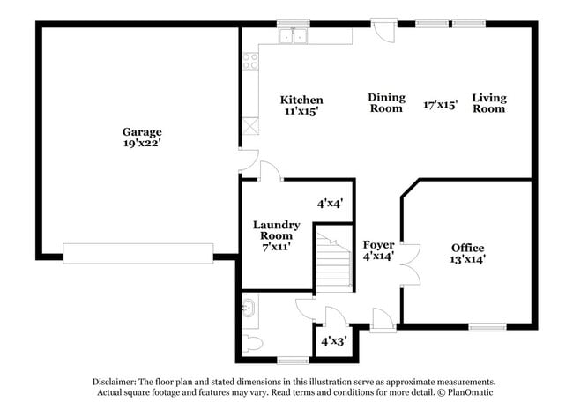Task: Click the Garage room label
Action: pos(141,131)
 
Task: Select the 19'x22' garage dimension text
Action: pos(141,142)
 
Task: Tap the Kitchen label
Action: pos(301,100)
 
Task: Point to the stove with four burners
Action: pos(250,61)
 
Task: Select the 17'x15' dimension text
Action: pos(440,103)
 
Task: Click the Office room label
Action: pos(467,248)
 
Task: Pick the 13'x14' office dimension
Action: pos(467,259)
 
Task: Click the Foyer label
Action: pos(378,244)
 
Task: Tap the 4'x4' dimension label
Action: pos(330,203)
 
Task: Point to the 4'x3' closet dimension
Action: pos(332,340)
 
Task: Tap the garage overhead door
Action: pos(138,253)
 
